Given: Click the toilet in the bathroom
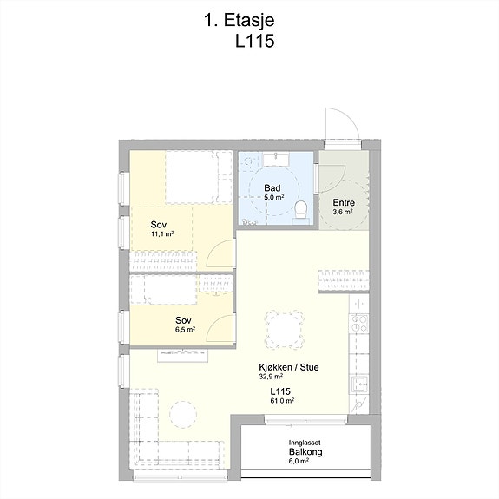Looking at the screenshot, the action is (301, 210).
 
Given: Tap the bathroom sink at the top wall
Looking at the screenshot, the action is (276, 159).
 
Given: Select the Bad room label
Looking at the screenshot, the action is (272, 187).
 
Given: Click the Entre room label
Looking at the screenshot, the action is (344, 202).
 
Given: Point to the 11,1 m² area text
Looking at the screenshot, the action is (162, 234).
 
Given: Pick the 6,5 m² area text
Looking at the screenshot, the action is (185, 330).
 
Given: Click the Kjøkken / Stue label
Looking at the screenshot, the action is (289, 367).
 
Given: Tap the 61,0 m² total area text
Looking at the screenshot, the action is (282, 401).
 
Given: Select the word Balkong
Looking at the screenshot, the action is (305, 452).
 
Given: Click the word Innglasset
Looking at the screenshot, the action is (305, 443).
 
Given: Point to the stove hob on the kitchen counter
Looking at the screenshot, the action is (359, 324).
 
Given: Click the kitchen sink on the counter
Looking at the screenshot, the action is (360, 384).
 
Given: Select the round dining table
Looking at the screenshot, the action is (284, 329).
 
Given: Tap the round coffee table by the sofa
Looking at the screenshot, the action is (183, 414).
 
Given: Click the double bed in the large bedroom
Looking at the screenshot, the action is (199, 177).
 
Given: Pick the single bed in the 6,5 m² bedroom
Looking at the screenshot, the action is (163, 290).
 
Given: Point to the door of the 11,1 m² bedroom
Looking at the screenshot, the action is (220, 253).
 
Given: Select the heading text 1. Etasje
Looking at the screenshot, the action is (239, 20).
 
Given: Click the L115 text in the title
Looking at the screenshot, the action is (254, 41).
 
